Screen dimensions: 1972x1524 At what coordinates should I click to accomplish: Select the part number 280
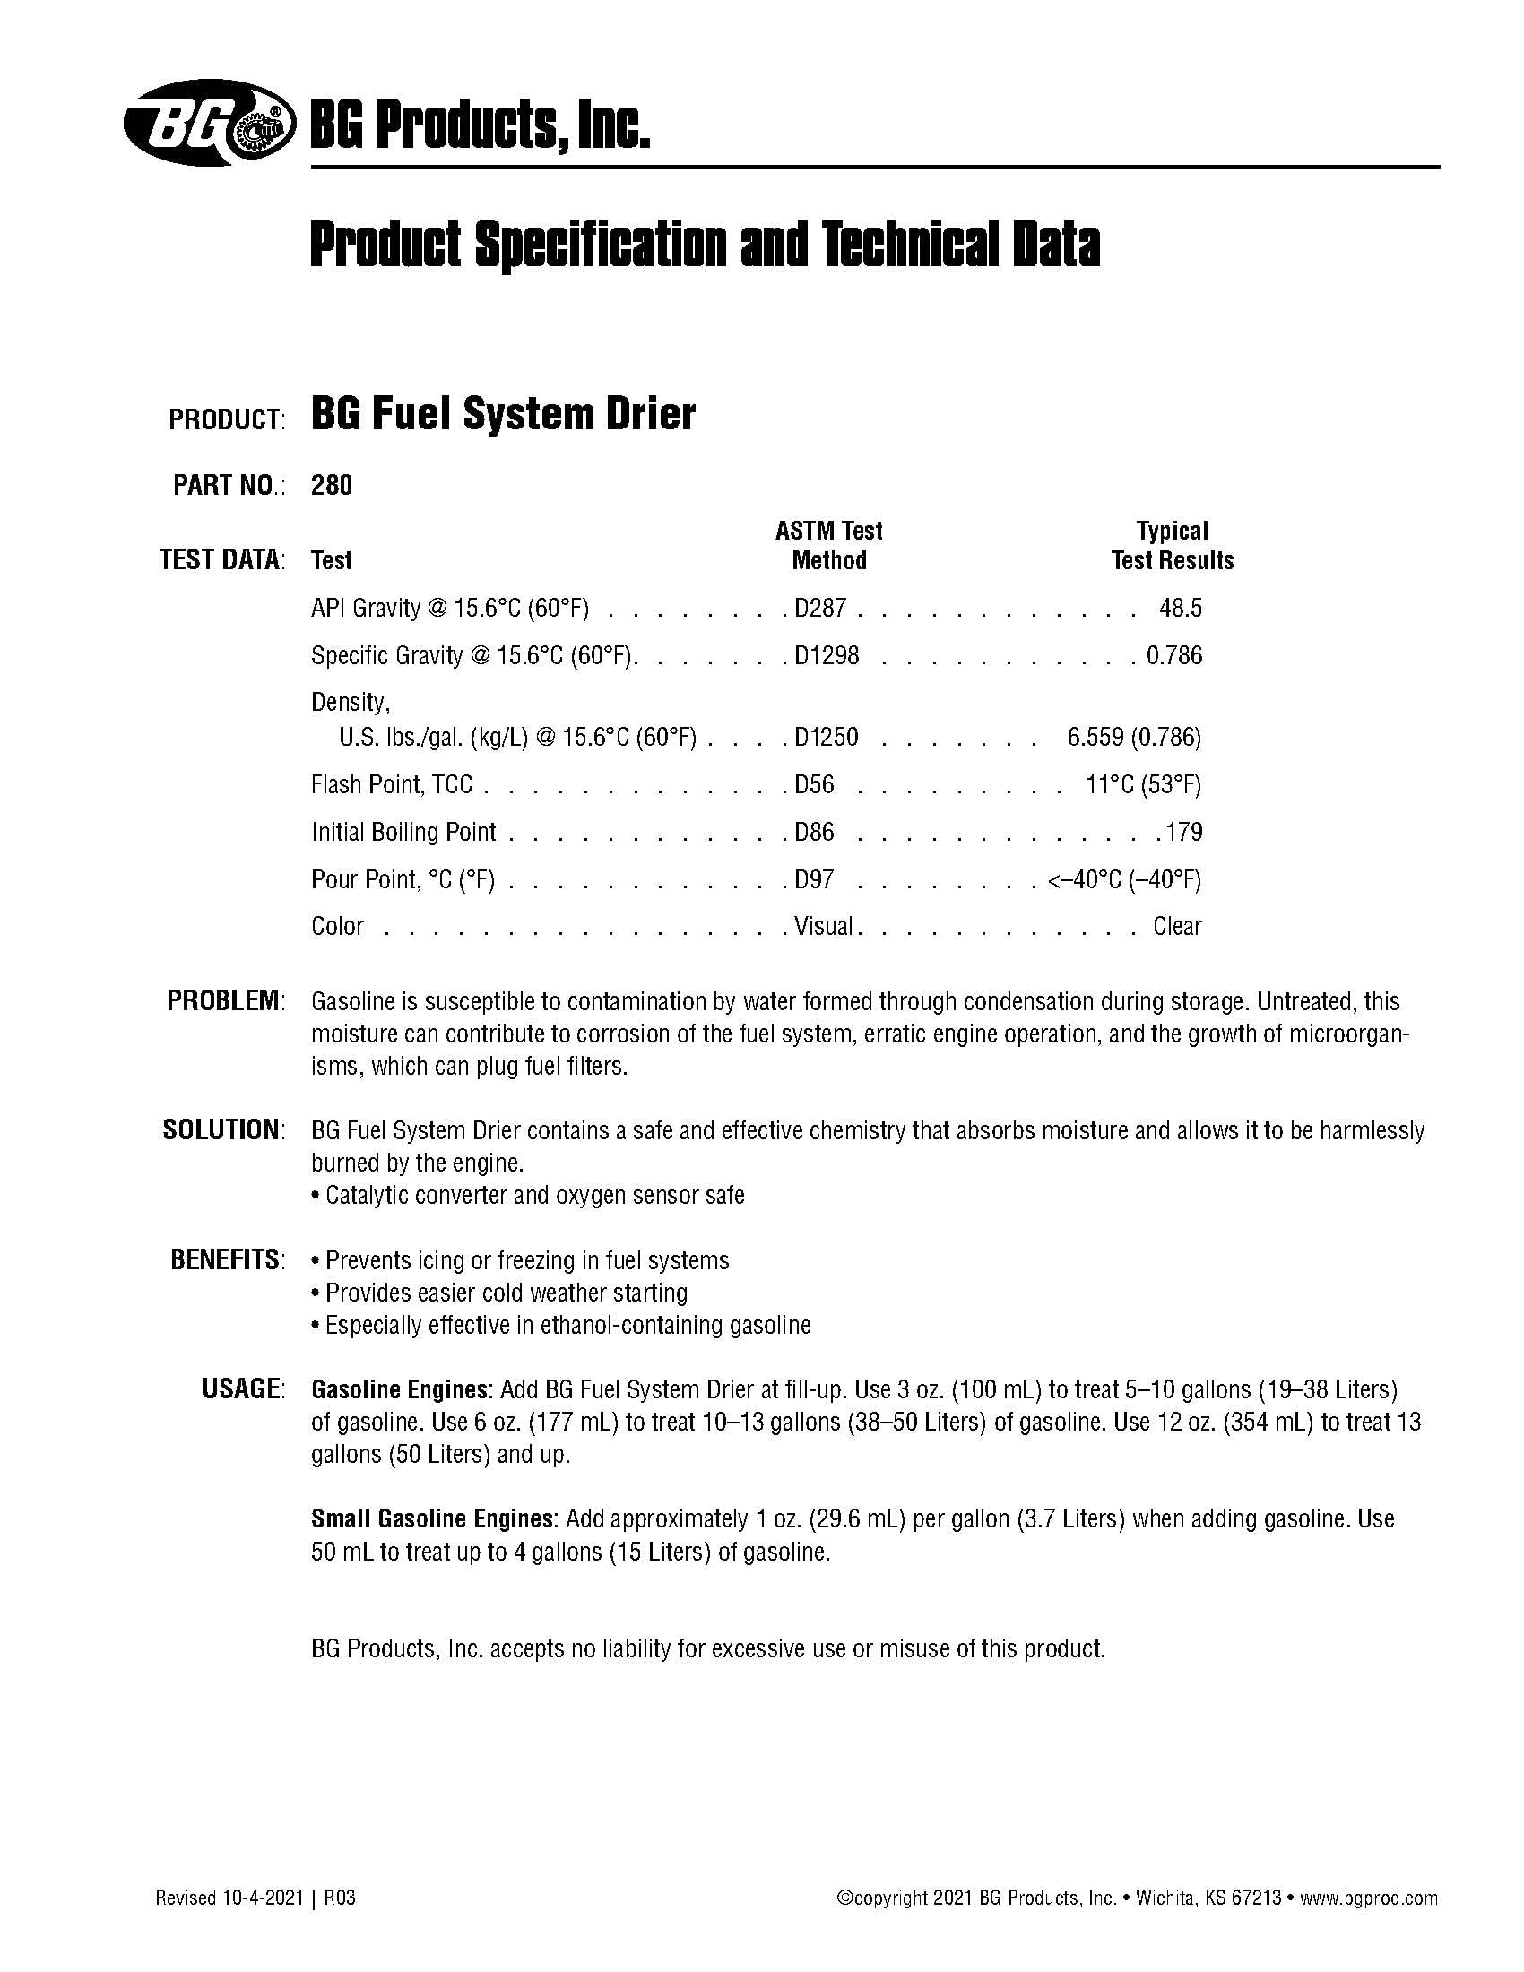(x=332, y=486)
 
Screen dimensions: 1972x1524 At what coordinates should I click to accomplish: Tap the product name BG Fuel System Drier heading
(x=503, y=415)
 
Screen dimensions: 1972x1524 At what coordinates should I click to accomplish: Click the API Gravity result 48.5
(x=1180, y=608)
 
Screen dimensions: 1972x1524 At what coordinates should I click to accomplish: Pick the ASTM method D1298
(x=827, y=654)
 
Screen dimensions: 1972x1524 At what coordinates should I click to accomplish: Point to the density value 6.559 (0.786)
(x=1133, y=738)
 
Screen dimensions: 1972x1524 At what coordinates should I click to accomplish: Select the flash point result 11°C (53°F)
(x=1142, y=784)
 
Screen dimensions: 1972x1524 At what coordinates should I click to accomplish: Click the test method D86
(x=813, y=832)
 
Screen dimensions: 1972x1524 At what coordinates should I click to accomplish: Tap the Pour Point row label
(x=403, y=878)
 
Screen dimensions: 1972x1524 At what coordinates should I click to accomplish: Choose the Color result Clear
(x=1176, y=926)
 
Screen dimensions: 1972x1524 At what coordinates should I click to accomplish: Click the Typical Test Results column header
(x=1172, y=545)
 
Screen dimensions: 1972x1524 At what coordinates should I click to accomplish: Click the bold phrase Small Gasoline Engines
(x=432, y=1518)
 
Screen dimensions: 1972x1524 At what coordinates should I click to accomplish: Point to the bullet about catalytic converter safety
(x=528, y=1196)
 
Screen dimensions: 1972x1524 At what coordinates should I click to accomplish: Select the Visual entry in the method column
(x=823, y=926)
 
